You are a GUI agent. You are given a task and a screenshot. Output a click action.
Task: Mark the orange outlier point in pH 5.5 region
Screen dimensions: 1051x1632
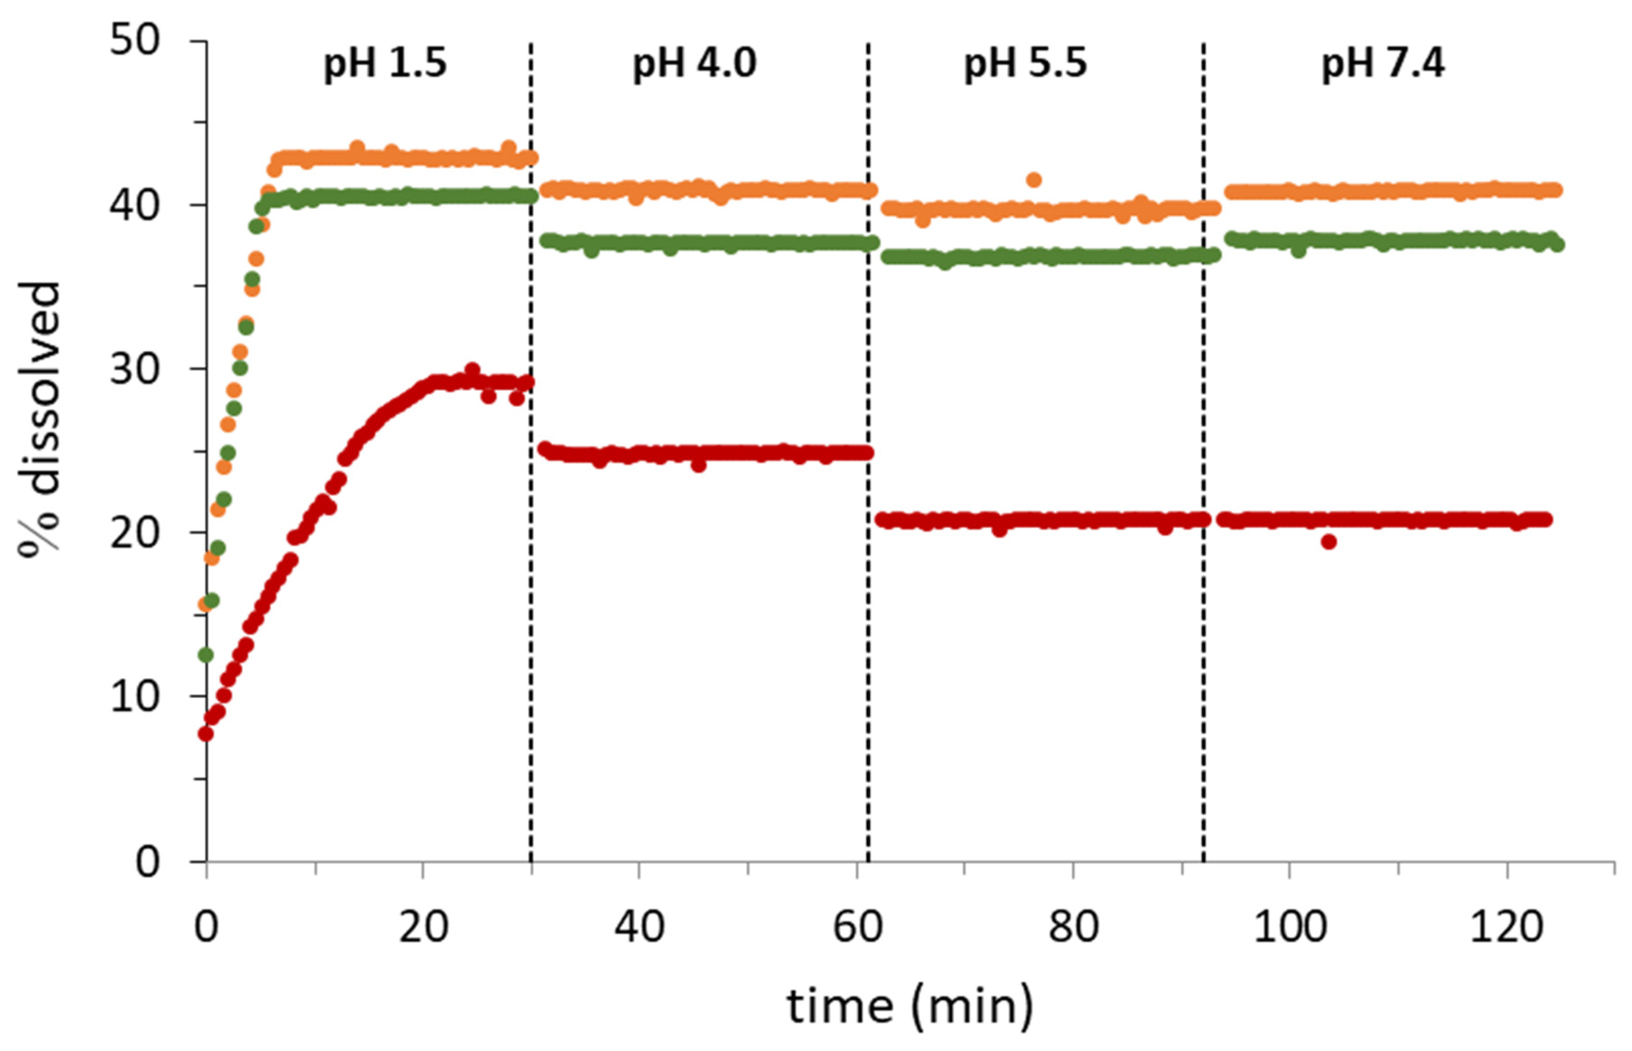click(1034, 180)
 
